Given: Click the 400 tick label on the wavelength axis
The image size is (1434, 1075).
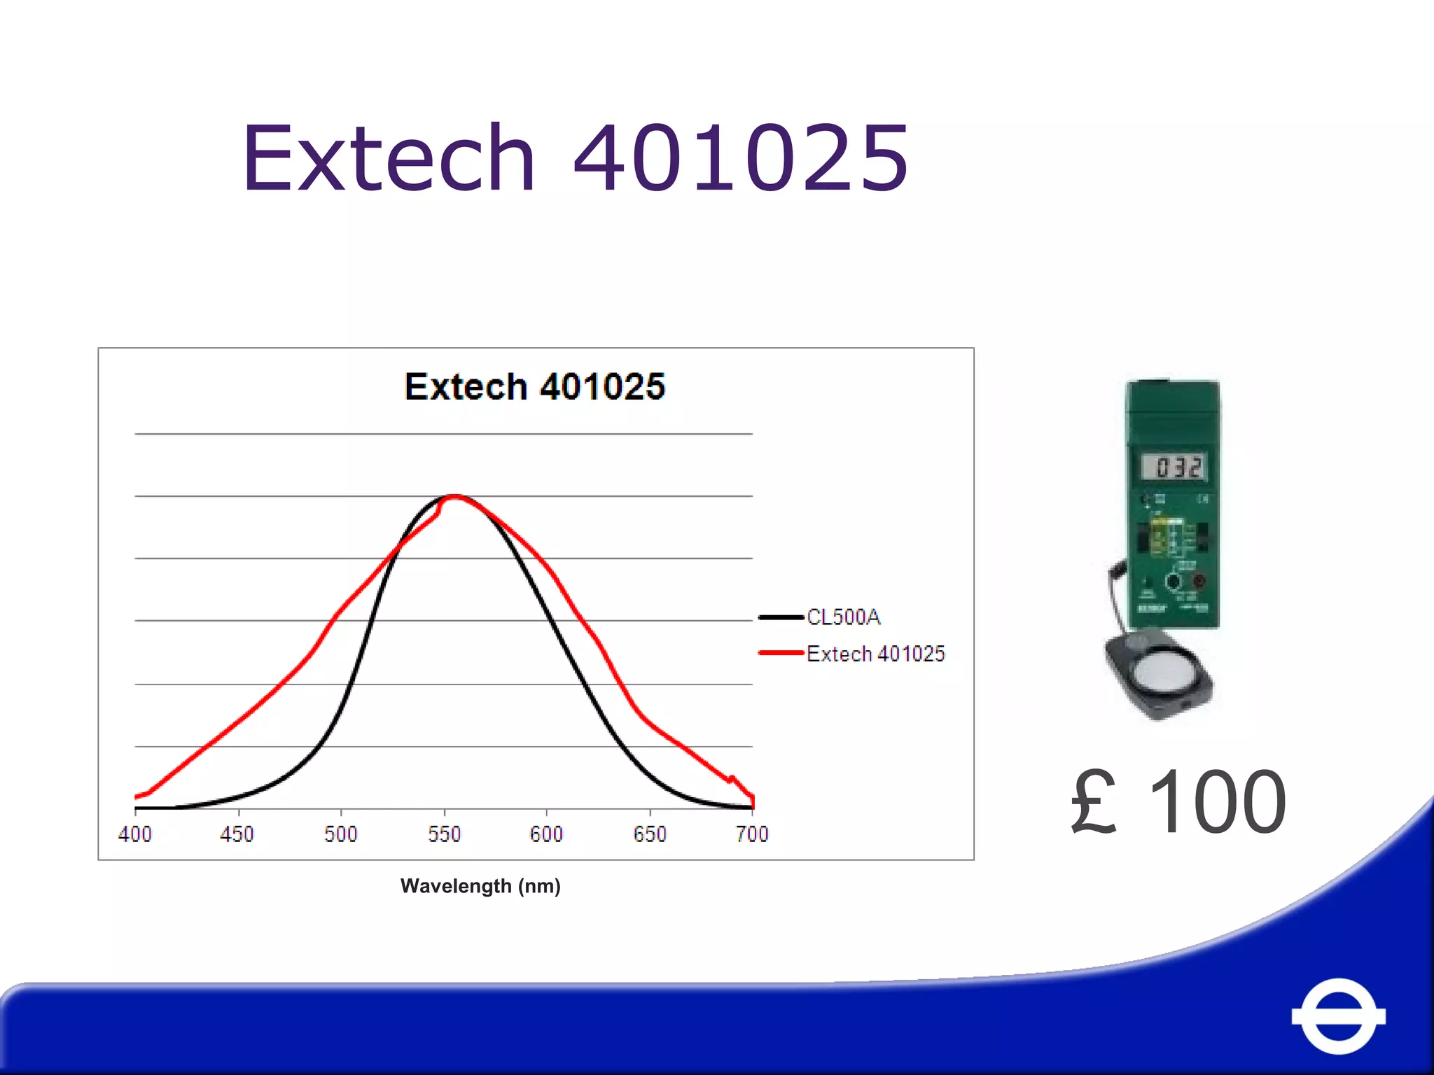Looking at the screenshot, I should point(134,834).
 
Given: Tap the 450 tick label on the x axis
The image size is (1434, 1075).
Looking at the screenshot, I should point(237,834).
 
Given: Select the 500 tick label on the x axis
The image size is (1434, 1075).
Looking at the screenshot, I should point(340,834).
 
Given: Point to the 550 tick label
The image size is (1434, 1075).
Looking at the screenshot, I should point(444,834).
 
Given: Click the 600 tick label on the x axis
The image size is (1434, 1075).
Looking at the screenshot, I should point(546,834).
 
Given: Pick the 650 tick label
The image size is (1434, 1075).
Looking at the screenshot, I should point(650,834).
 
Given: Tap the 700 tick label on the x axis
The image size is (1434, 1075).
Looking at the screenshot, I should point(752,834).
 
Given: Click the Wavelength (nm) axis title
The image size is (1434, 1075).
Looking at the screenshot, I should point(480,886).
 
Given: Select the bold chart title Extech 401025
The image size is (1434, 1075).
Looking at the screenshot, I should point(535,386).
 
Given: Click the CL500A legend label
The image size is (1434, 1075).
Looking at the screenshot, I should point(843,617).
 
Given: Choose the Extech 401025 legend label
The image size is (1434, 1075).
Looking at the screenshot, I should point(875,654).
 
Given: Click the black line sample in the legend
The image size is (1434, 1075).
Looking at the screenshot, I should point(781,617).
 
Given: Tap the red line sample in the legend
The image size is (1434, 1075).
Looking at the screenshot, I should point(781,653).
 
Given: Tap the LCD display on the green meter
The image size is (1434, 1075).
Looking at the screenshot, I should point(1174,467).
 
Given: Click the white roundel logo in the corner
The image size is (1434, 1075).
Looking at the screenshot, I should point(1338,1016).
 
